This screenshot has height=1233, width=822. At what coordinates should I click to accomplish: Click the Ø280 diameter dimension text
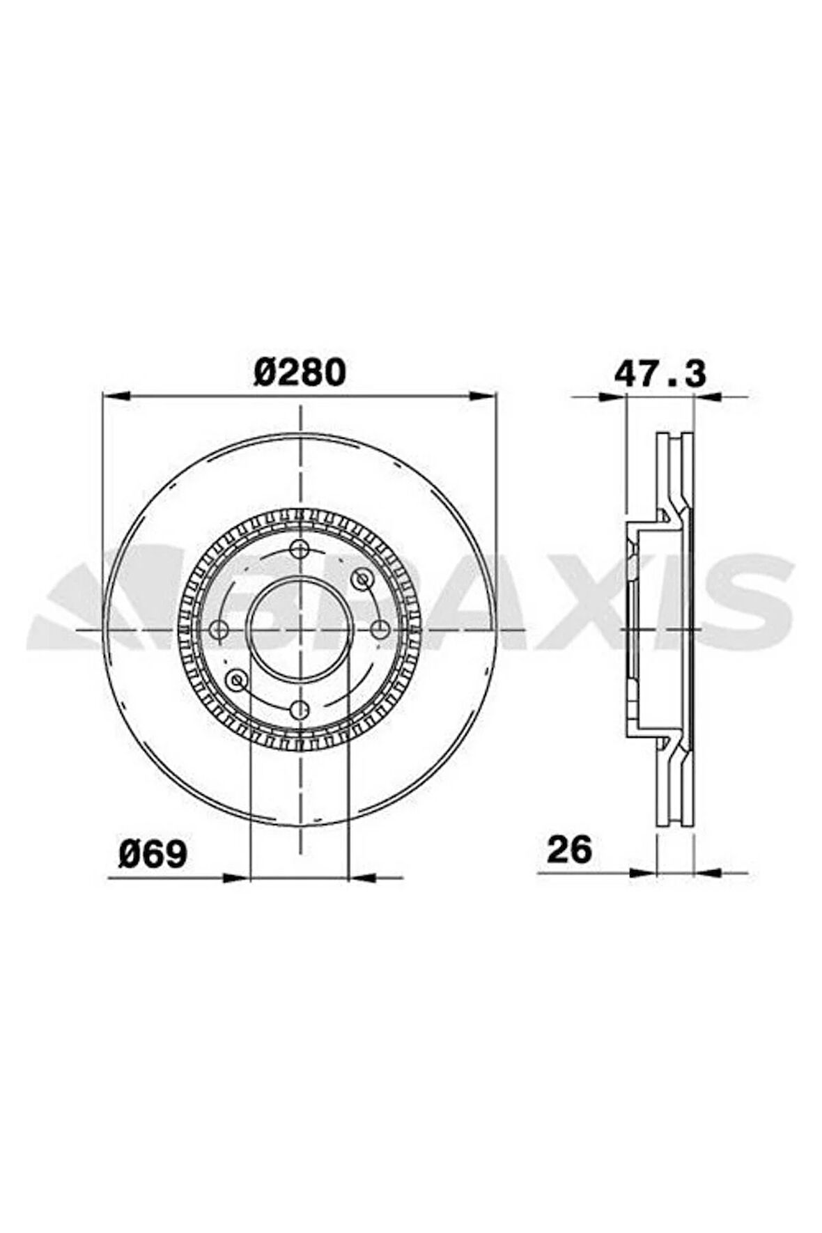tap(300, 373)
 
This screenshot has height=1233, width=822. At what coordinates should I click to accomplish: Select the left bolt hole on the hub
tap(219, 629)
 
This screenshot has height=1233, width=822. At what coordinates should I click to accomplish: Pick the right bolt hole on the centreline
tap(380, 629)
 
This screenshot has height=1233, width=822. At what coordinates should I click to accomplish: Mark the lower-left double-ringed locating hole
tap(238, 679)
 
